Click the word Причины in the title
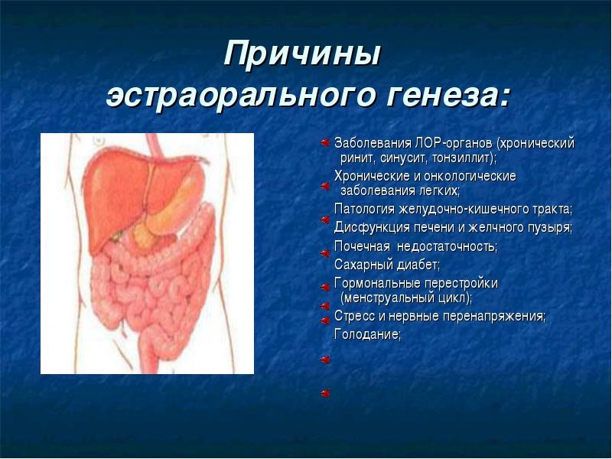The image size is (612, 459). coord(302,54)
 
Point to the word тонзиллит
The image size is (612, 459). coord(461,158)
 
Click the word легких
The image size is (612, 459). coord(438,191)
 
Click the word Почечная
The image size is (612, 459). coord(362,246)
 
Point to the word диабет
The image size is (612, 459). coord(418,265)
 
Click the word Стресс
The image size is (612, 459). coord(354,316)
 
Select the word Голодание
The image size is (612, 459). coord(367,334)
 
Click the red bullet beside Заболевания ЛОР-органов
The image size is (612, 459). coord(324,143)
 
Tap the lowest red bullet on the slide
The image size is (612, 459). coord(324,393)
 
